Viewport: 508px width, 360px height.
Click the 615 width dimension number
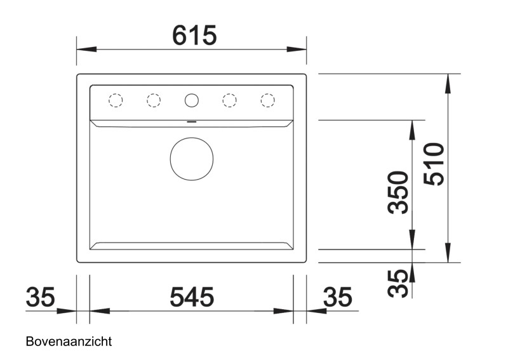194,35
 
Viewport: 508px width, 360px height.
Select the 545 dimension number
192,297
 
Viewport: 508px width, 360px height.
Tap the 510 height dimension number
434,164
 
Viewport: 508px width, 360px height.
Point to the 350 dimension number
399,192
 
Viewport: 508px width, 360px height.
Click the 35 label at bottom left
41,297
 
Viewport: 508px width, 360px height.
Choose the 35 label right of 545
337,297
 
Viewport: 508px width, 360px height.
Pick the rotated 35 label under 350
399,283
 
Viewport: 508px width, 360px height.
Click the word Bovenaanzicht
69,342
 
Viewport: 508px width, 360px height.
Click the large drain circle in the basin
191,159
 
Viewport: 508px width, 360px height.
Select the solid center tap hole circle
191,100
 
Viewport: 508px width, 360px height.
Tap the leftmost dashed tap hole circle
115,100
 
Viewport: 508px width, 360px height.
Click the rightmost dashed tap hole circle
267,100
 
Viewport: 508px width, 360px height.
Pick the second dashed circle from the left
153,100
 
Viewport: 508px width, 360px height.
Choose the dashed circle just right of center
229,100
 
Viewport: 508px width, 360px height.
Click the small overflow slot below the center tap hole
191,119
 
